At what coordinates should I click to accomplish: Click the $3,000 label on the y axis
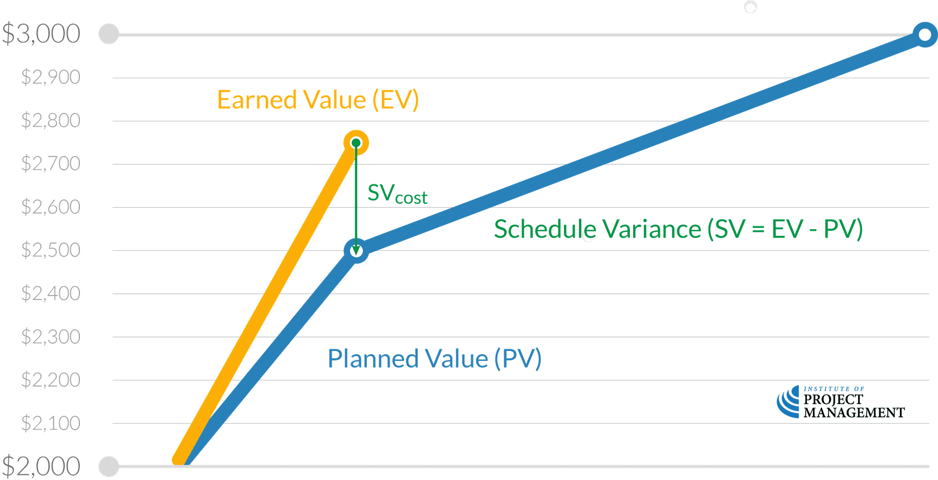pyautogui.click(x=41, y=34)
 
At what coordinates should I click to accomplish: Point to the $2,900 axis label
pyautogui.click(x=51, y=77)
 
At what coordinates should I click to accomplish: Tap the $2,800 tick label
pyautogui.click(x=51, y=121)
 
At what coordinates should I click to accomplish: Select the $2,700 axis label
pyautogui.click(x=51, y=164)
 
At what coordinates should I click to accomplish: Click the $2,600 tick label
pyautogui.click(x=51, y=207)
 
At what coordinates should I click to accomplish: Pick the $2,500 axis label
pyautogui.click(x=51, y=250)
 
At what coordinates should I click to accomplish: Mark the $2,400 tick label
pyautogui.click(x=51, y=293)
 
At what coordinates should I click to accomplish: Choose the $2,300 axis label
pyautogui.click(x=51, y=337)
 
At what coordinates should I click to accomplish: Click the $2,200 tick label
pyautogui.click(x=51, y=380)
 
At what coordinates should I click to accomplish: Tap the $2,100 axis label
pyautogui.click(x=51, y=424)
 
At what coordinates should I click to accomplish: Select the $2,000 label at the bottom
pyautogui.click(x=41, y=466)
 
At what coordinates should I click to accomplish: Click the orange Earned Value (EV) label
pyautogui.click(x=318, y=101)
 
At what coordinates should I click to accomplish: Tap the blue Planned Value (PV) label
pyautogui.click(x=434, y=359)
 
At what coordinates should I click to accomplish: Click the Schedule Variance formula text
pyautogui.click(x=678, y=229)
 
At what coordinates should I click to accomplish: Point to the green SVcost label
pyautogui.click(x=397, y=194)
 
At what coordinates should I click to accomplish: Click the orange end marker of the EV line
pyautogui.click(x=356, y=143)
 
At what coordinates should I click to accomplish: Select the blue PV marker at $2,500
pyautogui.click(x=356, y=251)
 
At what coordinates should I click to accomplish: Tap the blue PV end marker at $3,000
pyautogui.click(x=925, y=35)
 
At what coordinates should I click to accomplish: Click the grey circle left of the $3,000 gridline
pyautogui.click(x=108, y=34)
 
